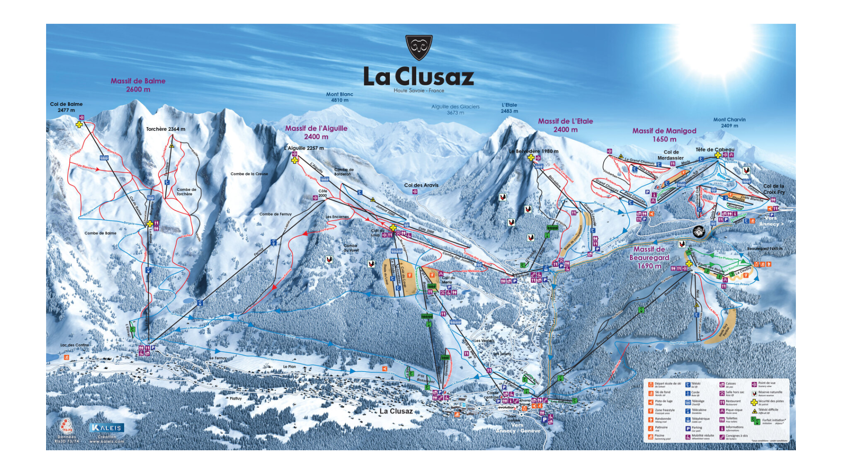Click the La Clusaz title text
[418, 77]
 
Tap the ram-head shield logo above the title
[419, 47]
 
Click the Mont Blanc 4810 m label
[339, 97]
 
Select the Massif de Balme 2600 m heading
[138, 85]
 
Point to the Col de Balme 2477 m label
[66, 107]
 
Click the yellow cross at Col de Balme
[79, 125]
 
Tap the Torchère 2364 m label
[166, 129]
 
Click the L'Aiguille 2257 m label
[304, 148]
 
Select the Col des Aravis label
[421, 185]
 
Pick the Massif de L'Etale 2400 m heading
[565, 125]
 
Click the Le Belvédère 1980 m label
[533, 151]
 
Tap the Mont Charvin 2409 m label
[729, 122]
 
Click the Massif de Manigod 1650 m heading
[664, 135]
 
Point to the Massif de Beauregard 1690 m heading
[649, 257]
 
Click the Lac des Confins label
[74, 345]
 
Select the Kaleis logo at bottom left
[107, 427]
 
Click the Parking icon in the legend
[688, 428]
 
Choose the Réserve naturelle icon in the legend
[754, 393]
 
